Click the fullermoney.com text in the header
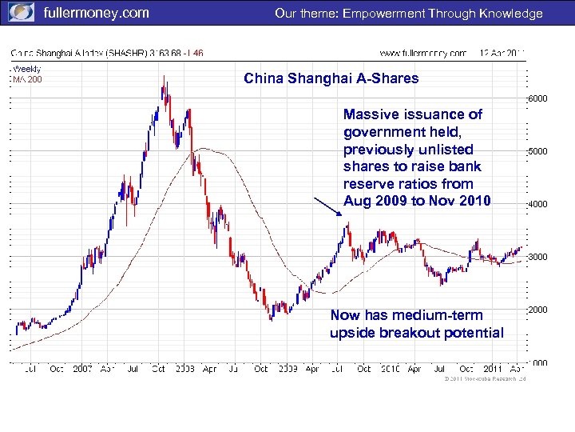[x=96, y=13]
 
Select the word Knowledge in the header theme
[x=510, y=13]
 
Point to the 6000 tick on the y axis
[x=538, y=98]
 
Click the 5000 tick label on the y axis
[x=538, y=151]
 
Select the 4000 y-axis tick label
[x=538, y=204]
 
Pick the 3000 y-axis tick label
[x=538, y=257]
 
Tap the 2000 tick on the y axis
[x=538, y=310]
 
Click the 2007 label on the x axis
[x=83, y=370]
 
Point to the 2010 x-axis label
[x=389, y=370]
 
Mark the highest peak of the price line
[x=164, y=77]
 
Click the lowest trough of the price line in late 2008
[x=271, y=319]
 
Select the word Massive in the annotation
[x=371, y=115]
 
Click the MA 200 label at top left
[x=27, y=78]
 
